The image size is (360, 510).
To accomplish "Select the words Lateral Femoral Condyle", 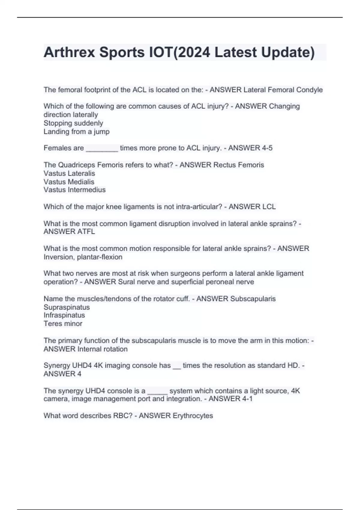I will pyautogui.click(x=283, y=90).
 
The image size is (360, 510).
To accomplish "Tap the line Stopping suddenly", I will pyautogui.click(x=73, y=123).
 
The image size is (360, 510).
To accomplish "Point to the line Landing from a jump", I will pyautogui.click(x=76, y=131).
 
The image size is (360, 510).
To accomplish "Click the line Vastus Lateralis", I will pyautogui.click(x=69, y=173).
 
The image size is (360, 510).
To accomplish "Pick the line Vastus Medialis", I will pyautogui.click(x=69, y=182).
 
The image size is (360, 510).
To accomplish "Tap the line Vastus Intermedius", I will pyautogui.click(x=74, y=190).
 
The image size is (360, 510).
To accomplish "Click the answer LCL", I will pyautogui.click(x=269, y=207).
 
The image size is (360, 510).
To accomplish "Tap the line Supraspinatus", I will pyautogui.click(x=67, y=307).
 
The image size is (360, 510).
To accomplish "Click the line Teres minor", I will pyautogui.click(x=63, y=324).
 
